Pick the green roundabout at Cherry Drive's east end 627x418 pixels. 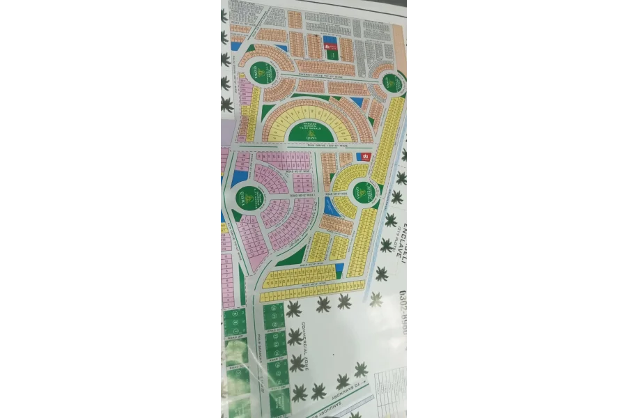click(392, 84)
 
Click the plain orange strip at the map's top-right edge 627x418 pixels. click(399, 42)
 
